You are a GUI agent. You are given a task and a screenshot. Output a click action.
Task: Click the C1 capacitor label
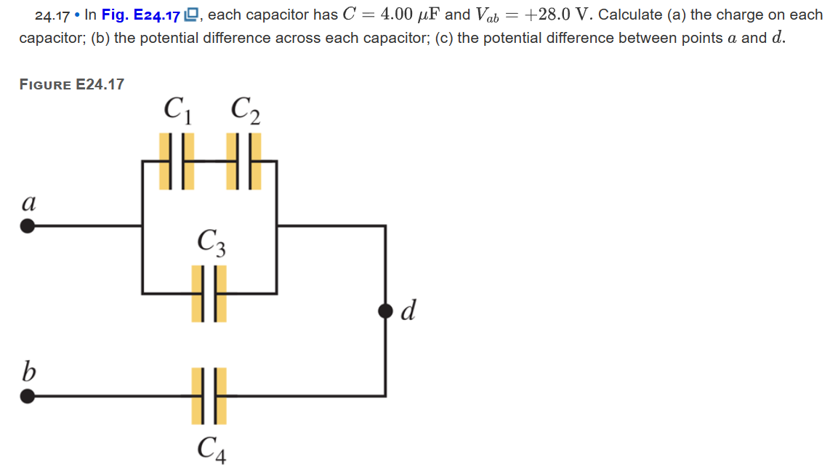click(178, 111)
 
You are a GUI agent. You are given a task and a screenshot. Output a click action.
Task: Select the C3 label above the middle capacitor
click(211, 242)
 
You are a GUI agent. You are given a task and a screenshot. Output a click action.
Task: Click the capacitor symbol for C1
click(177, 161)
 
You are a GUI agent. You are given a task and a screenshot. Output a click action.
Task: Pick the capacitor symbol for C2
click(244, 161)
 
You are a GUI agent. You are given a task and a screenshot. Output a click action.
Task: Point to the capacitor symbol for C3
click(209, 293)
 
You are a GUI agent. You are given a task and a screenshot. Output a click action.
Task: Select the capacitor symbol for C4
click(209, 396)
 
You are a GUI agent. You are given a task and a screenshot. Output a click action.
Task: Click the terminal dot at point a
click(28, 226)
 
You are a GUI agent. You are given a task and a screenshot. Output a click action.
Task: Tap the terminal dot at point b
click(28, 396)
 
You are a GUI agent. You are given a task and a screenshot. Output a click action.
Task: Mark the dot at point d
click(385, 311)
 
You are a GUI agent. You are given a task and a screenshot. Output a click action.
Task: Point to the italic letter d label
click(408, 311)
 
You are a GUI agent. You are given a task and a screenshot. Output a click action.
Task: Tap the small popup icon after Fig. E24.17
click(191, 15)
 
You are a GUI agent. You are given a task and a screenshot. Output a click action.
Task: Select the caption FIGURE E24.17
click(71, 84)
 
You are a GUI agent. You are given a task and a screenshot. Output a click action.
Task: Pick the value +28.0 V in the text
click(556, 15)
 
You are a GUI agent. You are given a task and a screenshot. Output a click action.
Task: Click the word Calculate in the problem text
click(629, 15)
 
